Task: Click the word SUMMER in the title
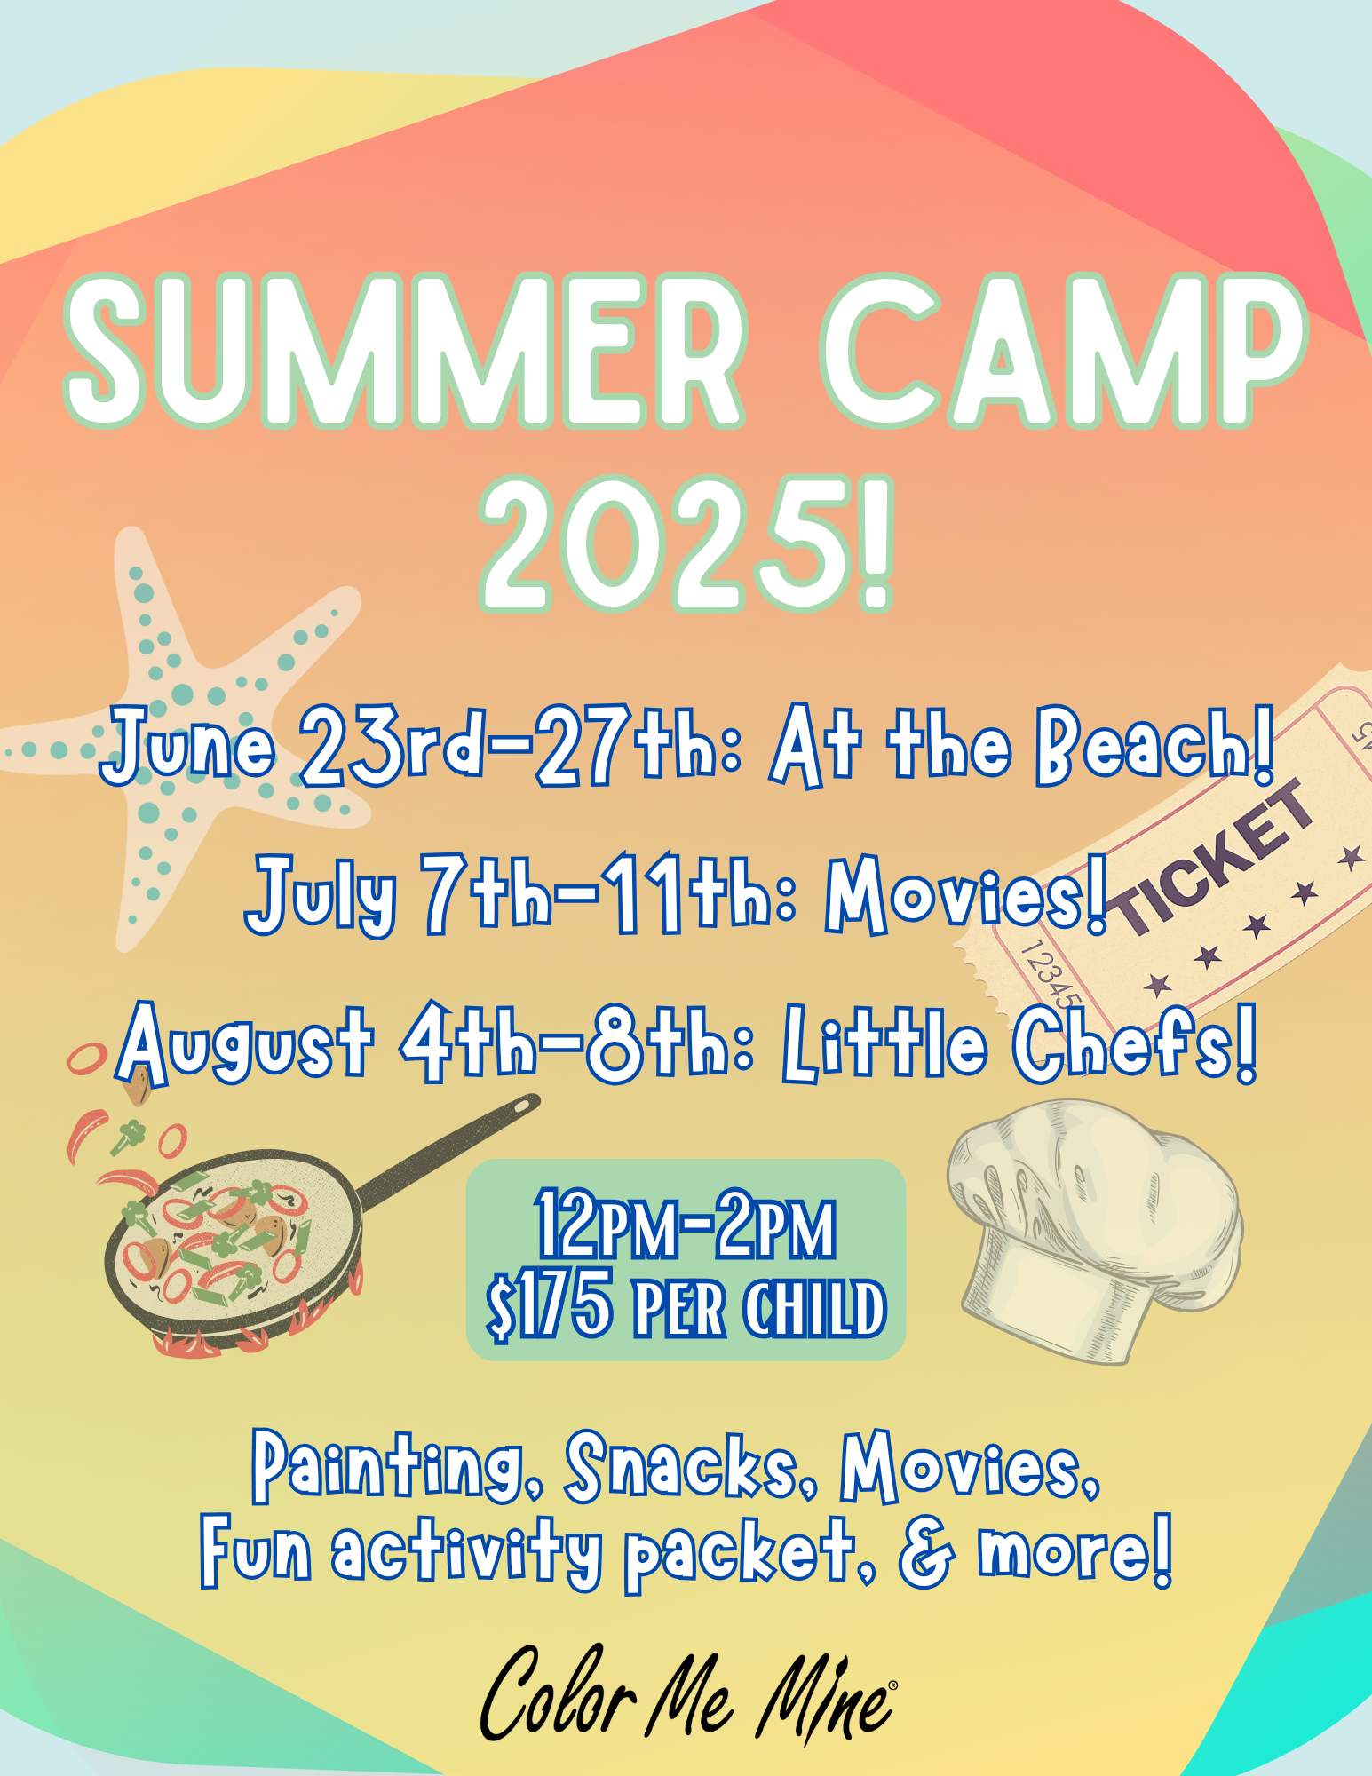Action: point(405,351)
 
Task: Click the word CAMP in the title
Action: point(1064,351)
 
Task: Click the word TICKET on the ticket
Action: point(1213,860)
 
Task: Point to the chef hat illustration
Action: point(1096,1229)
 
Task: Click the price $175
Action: point(550,1306)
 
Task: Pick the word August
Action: point(245,1044)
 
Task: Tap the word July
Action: point(321,895)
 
